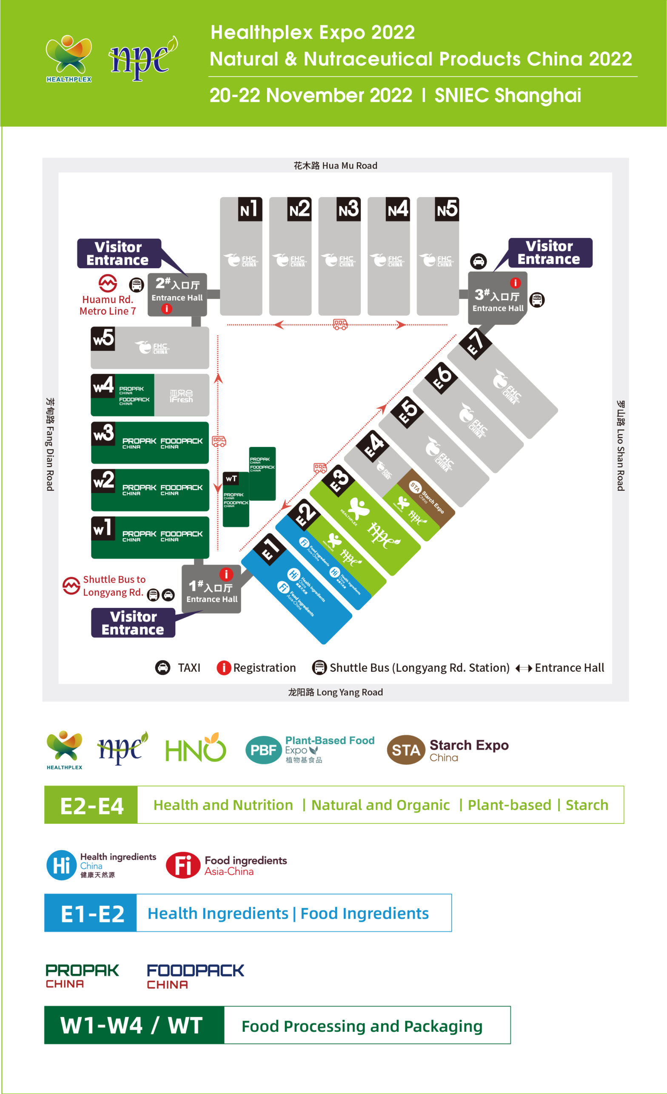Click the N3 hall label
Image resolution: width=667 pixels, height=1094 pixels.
coord(348,209)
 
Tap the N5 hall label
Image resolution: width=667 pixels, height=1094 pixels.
coord(447,209)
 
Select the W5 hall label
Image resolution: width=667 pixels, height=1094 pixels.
coord(103,339)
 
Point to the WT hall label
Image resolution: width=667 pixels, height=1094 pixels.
coord(231,478)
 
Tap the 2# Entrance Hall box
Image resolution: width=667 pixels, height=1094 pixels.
coord(177,294)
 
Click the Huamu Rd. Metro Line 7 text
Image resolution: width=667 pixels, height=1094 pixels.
coord(108,305)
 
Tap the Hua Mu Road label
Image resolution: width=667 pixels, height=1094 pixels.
coord(335,166)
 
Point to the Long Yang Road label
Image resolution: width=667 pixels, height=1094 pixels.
coord(335,692)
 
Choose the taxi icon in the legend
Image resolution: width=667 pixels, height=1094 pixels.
coord(163,667)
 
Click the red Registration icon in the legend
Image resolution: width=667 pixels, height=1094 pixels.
coord(224,667)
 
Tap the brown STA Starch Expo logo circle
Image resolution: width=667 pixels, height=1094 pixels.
coord(406,750)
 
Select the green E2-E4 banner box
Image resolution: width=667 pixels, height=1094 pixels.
coord(91,805)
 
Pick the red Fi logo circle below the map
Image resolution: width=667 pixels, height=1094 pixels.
coord(183,865)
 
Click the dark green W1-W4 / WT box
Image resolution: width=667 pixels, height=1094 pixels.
coord(134,1025)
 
